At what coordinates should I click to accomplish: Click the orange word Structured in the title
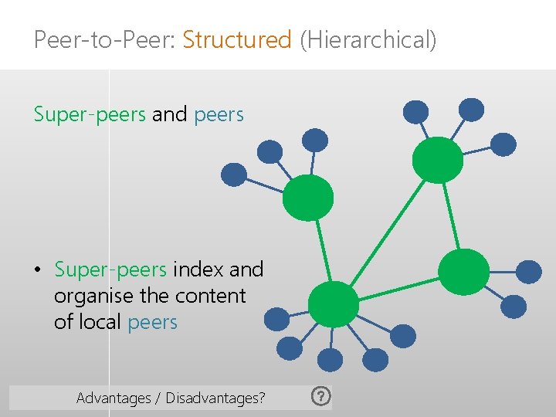point(237,39)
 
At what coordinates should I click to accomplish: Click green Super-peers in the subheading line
point(90,115)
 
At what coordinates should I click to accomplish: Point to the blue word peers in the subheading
point(219,115)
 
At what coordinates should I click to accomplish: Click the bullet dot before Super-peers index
point(37,271)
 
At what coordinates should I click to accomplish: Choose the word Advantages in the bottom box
point(114,398)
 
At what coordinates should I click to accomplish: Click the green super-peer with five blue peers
point(333,303)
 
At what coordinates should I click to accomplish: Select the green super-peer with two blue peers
point(463,271)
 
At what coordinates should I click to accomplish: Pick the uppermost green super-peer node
point(438,160)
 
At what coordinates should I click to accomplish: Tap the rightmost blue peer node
point(529,272)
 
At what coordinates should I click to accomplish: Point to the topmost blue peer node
point(471,110)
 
